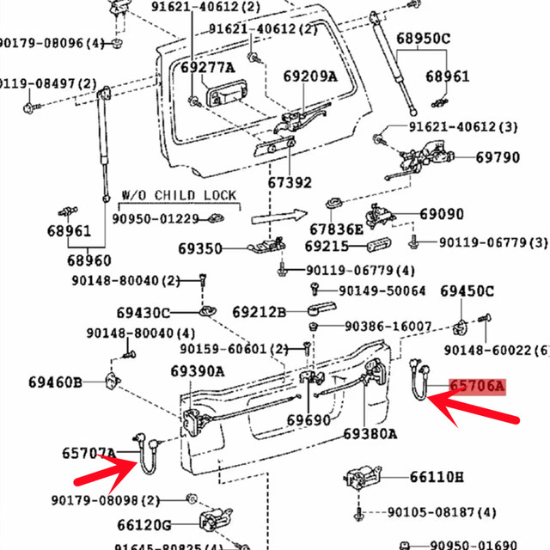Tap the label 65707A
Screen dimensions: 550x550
tap(88, 452)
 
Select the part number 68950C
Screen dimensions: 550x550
tap(423, 39)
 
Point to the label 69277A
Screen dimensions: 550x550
tap(208, 67)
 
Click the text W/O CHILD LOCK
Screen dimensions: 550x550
tap(177, 196)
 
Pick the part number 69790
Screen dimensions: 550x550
tap(498, 158)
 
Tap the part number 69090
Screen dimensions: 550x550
tap(442, 214)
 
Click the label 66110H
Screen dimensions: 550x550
tap(437, 477)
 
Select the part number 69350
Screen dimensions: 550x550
tap(200, 249)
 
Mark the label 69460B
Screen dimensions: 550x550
tap(55, 381)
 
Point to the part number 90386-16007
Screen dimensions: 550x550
tap(388, 327)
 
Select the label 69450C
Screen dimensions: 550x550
tap(467, 291)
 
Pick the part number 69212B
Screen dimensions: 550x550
tap(259, 311)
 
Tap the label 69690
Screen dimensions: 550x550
tap(308, 420)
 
